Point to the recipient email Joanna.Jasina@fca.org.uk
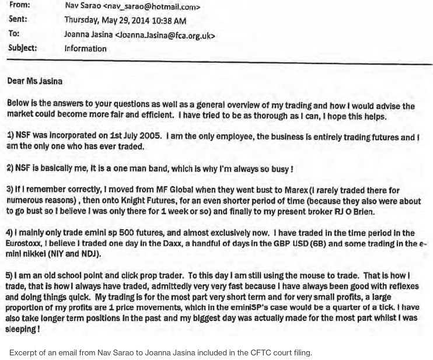[165, 35]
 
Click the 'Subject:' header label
[22, 48]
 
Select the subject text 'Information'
[85, 49]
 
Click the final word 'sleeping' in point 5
[23, 329]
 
